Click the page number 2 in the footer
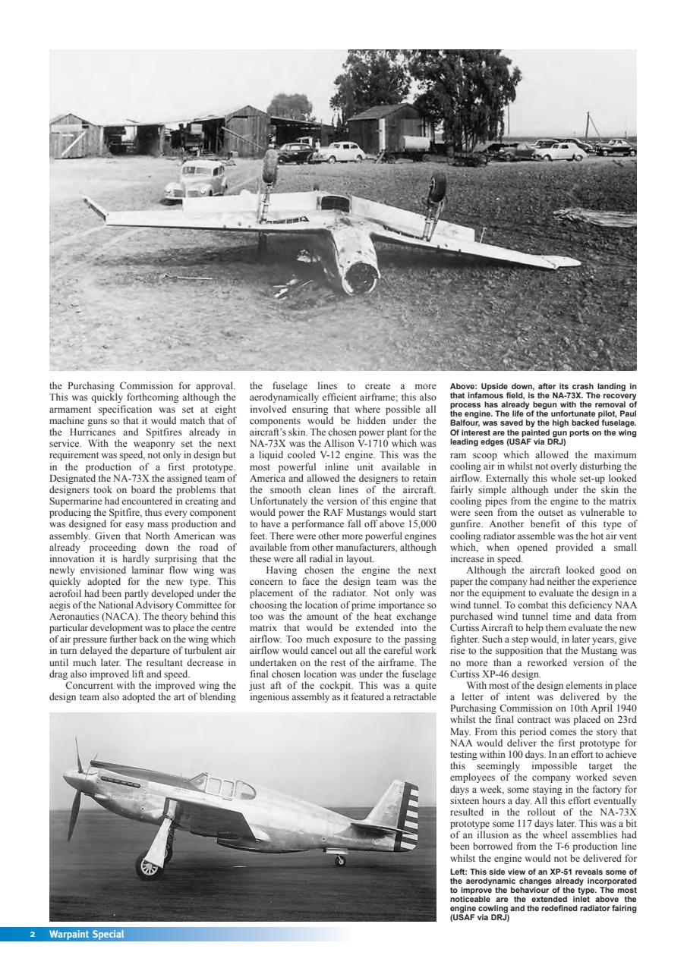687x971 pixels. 33,934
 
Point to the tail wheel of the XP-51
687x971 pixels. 340,861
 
